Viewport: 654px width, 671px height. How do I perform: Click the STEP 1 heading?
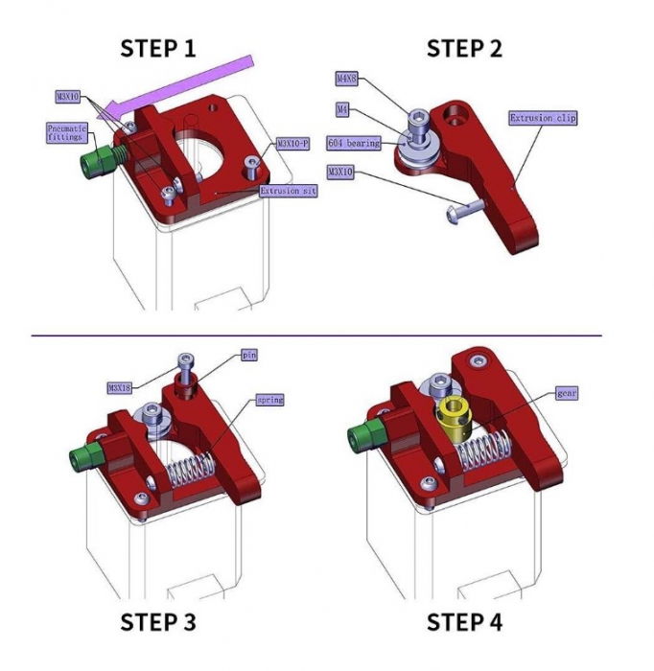point(163,48)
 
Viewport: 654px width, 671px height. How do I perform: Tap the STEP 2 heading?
point(464,48)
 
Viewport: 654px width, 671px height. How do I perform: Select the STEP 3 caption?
point(158,621)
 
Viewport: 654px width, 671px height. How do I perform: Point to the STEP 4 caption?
point(464,621)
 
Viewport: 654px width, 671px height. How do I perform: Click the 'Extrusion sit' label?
point(289,191)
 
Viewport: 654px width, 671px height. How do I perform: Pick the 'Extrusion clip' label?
point(543,118)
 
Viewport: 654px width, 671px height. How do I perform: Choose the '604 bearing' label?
point(355,143)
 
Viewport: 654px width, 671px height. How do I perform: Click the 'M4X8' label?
point(346,80)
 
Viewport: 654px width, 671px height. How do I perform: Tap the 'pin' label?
point(248,355)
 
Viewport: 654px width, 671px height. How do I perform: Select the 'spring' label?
point(269,399)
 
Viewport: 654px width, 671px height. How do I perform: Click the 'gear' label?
point(567,393)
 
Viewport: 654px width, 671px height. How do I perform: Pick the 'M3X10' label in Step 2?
point(340,173)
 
